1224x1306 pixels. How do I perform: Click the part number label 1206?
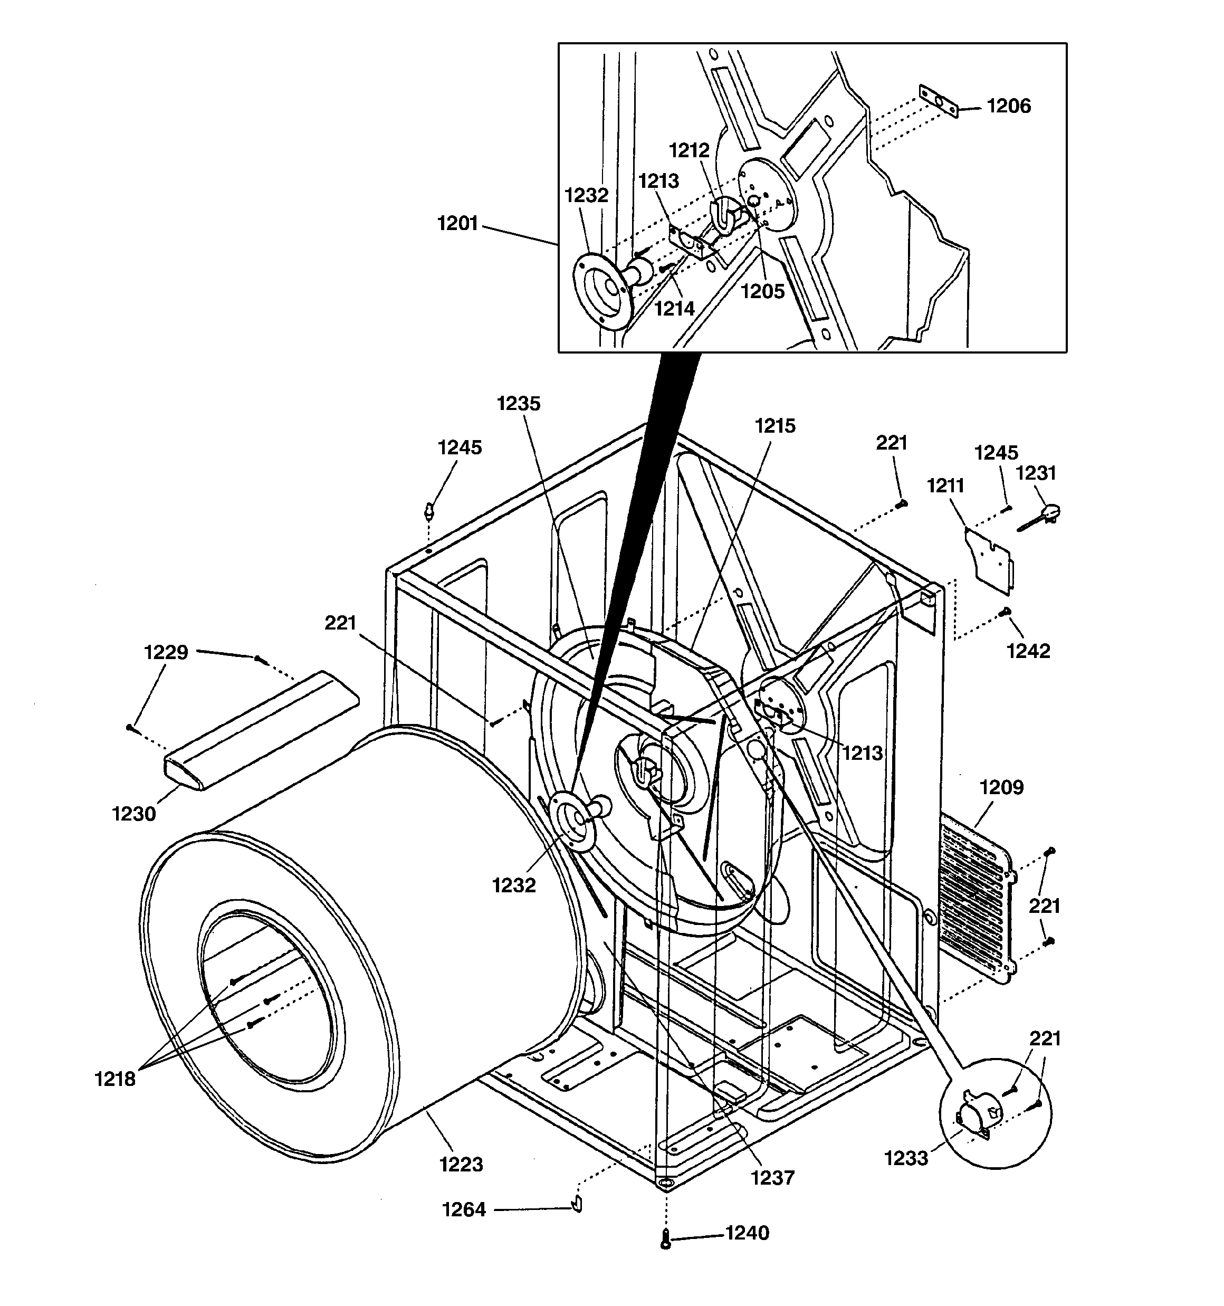point(1009,107)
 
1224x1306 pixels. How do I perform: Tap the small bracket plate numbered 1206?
point(938,101)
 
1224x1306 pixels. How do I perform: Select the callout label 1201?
point(457,224)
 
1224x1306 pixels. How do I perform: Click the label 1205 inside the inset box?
point(763,291)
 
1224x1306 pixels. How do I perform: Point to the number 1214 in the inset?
point(674,308)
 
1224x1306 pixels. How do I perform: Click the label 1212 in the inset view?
point(689,151)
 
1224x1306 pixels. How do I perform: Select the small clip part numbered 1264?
point(577,1203)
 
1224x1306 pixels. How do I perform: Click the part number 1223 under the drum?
point(461,1164)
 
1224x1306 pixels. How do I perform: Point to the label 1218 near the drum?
point(115,1079)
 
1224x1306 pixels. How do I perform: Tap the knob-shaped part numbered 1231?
point(1044,514)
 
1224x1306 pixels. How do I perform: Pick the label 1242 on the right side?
point(1028,651)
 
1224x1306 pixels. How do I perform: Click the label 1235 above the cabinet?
point(519,404)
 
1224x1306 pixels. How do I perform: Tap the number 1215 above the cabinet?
point(774,426)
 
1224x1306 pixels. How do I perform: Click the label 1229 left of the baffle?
point(166,652)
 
